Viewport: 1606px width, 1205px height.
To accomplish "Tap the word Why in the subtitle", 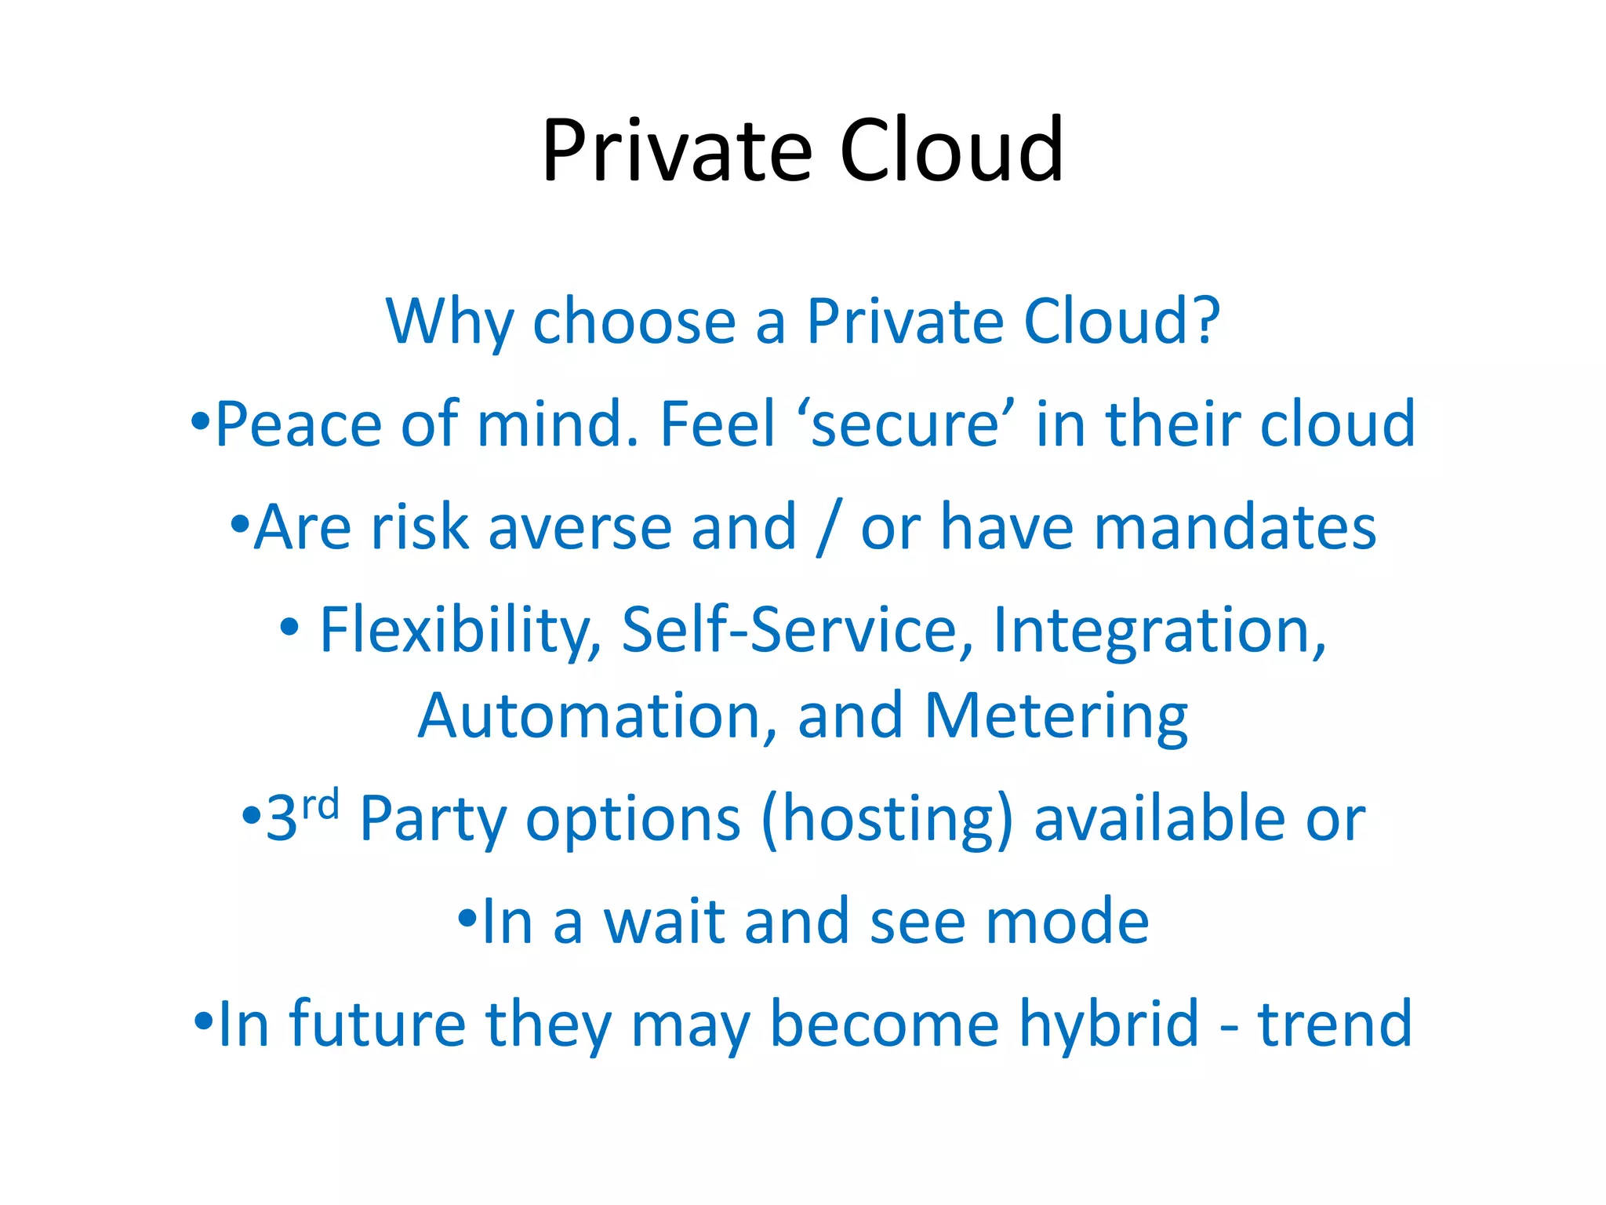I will pos(449,322).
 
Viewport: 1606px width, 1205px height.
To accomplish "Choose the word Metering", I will pos(1056,717).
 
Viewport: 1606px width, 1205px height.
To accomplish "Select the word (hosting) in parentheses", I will pos(887,819).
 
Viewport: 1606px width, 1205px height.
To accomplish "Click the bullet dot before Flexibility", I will pos(289,626).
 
